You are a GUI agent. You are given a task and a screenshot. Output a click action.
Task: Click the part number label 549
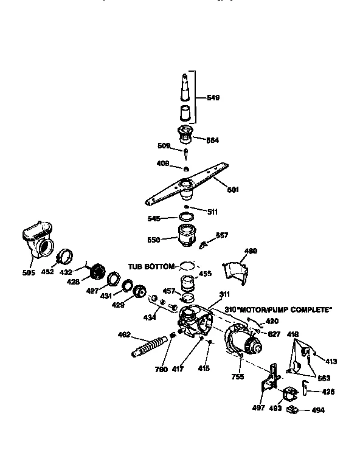(x=213, y=97)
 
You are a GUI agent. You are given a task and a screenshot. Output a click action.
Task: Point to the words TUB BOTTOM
(x=151, y=266)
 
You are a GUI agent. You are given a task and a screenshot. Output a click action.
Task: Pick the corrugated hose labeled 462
(x=148, y=348)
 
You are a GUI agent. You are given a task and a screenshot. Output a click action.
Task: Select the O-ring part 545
(x=187, y=217)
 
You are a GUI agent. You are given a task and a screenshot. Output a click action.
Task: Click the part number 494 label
(x=317, y=410)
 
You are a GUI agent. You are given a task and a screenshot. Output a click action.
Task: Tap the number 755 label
(x=238, y=377)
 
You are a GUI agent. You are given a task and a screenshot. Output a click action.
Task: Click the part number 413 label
(x=331, y=361)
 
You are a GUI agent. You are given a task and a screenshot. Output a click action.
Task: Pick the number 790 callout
(x=161, y=369)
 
